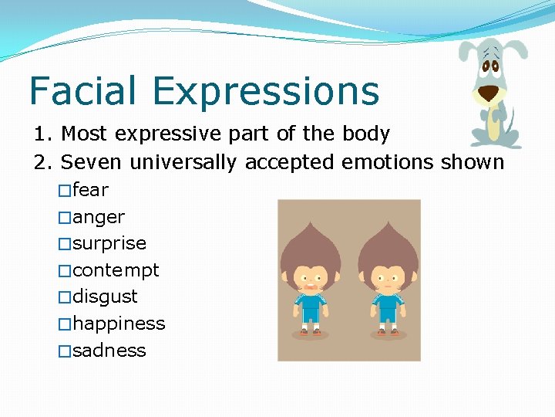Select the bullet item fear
click(90, 190)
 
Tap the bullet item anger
click(98, 217)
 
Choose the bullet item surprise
click(109, 243)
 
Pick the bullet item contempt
click(116, 270)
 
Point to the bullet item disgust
click(105, 297)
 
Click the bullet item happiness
click(118, 324)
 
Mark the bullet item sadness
click(109, 350)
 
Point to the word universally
click(184, 163)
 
